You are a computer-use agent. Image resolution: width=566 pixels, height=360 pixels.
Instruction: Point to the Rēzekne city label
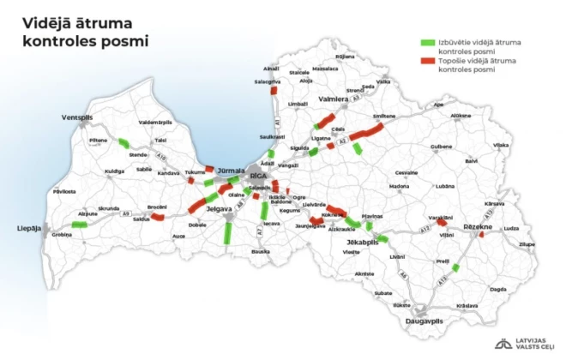pyautogui.click(x=477, y=225)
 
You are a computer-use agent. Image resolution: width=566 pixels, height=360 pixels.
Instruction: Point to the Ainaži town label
pyautogui.click(x=271, y=68)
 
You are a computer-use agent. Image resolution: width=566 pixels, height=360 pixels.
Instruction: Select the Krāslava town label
pyautogui.click(x=467, y=306)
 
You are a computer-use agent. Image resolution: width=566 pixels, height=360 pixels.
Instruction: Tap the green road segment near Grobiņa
pyautogui.click(x=80, y=225)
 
